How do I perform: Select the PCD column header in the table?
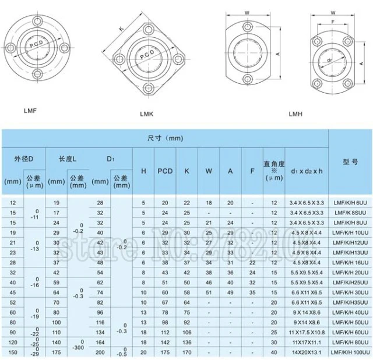pos(165,171)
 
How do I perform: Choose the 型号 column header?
pos(350,163)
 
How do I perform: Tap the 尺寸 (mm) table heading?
pos(165,138)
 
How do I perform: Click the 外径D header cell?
pos(23,158)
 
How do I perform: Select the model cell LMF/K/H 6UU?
pos(351,202)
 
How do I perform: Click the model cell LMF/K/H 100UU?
pos(351,353)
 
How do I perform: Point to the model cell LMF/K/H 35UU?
pos(351,302)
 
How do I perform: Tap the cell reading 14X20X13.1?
pos(307,353)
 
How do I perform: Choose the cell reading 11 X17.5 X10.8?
pos(307,333)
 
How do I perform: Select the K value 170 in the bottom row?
pos(186,353)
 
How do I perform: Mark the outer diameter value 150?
pos(12,353)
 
